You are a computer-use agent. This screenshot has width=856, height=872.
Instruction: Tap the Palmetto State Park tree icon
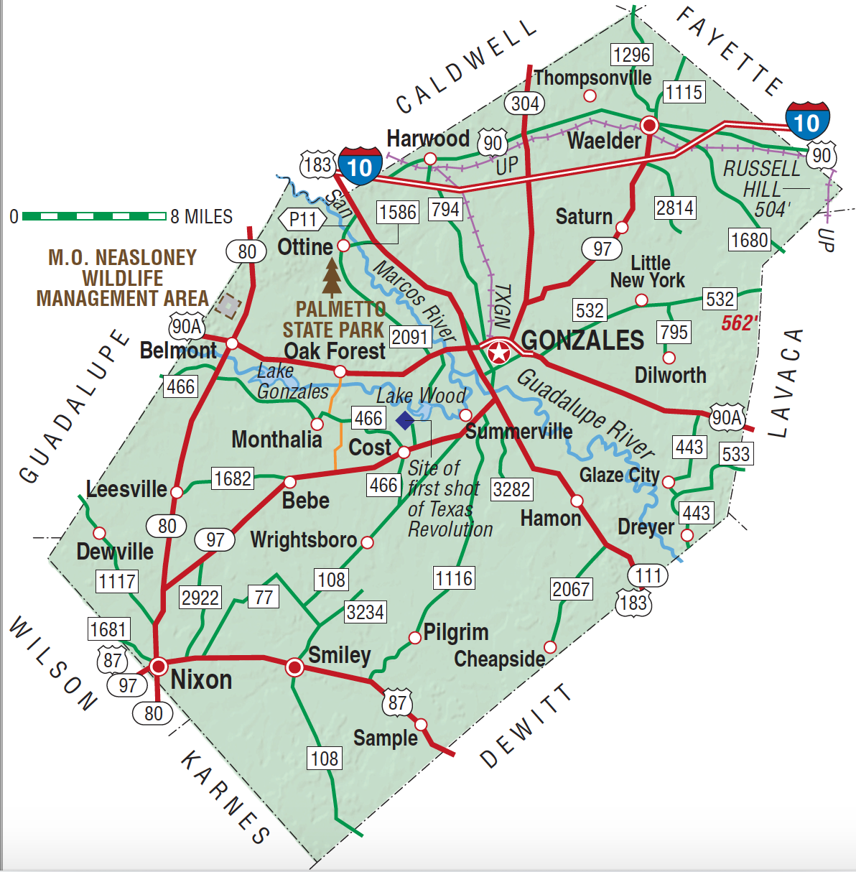pos(332,278)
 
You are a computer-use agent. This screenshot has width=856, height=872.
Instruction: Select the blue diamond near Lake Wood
pos(405,420)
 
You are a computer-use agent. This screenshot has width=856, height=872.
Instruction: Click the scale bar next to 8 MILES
pos(94,215)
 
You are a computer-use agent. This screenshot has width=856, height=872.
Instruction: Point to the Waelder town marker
pos(649,126)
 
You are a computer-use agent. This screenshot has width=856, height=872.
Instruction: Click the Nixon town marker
pos(158,666)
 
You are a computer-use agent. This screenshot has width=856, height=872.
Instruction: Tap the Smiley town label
pos(340,654)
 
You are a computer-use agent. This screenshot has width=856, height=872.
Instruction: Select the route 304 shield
pos(525,103)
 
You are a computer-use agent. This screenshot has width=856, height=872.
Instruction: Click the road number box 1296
pos(631,55)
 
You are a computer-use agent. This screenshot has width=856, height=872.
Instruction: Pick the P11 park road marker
pos(302,220)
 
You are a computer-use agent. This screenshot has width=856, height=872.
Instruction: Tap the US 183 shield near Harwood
pos(317,165)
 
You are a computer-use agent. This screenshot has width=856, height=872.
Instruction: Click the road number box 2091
pos(410,336)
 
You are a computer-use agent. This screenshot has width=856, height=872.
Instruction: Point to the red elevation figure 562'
pos(740,323)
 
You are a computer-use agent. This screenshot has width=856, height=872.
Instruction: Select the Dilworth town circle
pos(669,358)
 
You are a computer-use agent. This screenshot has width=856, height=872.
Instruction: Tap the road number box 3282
pos(511,489)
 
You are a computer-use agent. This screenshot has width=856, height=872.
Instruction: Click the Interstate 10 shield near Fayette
pos(807,121)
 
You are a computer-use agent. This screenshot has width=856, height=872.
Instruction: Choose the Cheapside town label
pos(500,658)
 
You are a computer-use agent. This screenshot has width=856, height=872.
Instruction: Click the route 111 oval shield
pos(648,575)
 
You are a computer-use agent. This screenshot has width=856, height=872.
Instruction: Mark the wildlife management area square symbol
pos(228,306)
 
